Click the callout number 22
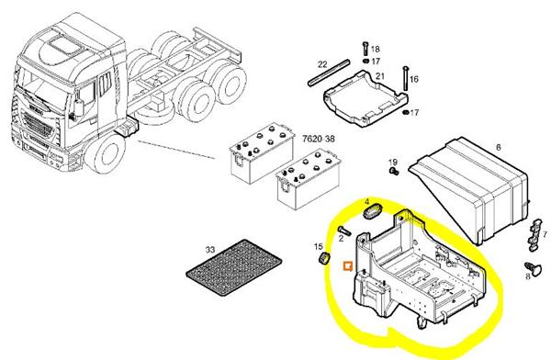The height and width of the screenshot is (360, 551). click(x=322, y=64)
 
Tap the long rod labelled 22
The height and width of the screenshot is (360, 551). click(x=329, y=73)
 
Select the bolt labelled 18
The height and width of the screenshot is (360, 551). click(x=365, y=49)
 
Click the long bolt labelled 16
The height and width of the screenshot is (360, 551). click(x=406, y=78)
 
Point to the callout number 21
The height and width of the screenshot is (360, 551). click(x=380, y=76)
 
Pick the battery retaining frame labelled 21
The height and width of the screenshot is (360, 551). click(x=365, y=98)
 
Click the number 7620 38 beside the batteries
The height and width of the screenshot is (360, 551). click(x=319, y=139)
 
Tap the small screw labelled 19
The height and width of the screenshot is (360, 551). click(x=394, y=171)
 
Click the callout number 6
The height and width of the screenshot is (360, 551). click(x=499, y=147)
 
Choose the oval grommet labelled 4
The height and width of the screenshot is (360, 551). click(x=372, y=212)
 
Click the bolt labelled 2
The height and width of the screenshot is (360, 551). click(x=344, y=231)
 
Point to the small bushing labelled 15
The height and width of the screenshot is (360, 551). click(x=323, y=258)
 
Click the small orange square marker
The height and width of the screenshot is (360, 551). click(x=348, y=265)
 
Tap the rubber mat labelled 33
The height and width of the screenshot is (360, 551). click(x=233, y=267)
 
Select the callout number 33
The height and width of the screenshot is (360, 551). click(x=209, y=250)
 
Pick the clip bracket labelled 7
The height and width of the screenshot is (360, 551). click(x=534, y=233)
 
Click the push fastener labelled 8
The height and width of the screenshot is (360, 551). click(x=534, y=269)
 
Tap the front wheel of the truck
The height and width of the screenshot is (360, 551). click(x=106, y=153)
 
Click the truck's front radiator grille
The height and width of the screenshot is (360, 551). click(x=38, y=125)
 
